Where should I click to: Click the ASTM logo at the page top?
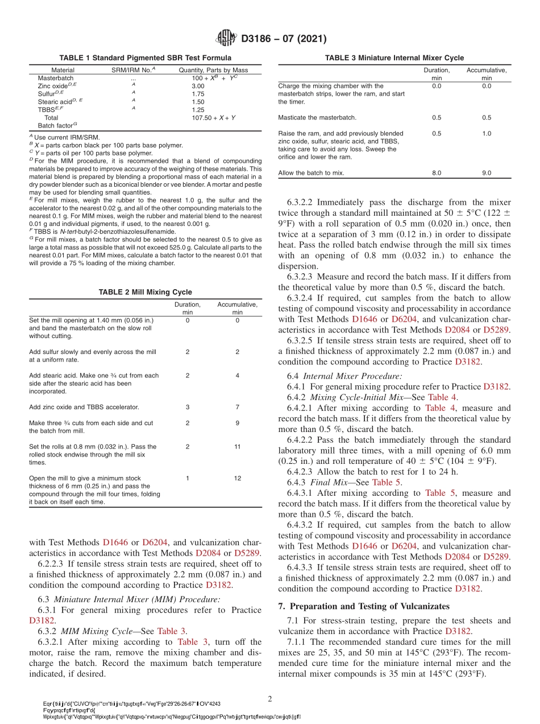226,39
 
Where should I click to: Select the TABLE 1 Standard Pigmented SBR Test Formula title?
145,58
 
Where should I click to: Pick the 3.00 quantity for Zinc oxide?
198,86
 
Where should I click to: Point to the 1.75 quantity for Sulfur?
198,94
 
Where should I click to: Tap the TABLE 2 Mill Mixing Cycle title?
145,292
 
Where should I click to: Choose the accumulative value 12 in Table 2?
238,479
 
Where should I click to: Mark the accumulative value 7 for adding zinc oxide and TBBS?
238,407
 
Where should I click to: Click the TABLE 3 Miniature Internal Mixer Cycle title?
394,58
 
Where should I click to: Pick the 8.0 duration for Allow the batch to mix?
437,172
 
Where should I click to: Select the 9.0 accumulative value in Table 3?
487,172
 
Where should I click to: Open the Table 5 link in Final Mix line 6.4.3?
386,483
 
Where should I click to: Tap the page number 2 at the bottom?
270,698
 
